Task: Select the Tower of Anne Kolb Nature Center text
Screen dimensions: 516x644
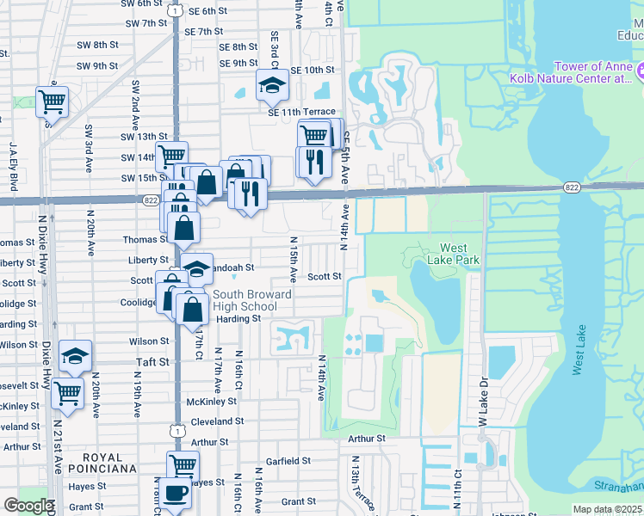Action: point(593,72)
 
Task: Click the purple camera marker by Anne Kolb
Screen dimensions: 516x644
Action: point(638,71)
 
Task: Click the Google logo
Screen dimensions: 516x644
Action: point(28,506)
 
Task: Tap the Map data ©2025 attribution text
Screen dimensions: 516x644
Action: point(608,509)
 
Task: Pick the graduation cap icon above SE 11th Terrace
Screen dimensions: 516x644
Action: point(272,85)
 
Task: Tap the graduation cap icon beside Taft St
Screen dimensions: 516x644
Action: point(76,355)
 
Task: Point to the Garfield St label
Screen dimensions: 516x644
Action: point(288,461)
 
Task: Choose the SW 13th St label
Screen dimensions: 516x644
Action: point(144,137)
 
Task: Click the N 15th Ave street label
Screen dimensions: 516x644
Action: point(294,261)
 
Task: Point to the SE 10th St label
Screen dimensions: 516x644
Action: point(312,70)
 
